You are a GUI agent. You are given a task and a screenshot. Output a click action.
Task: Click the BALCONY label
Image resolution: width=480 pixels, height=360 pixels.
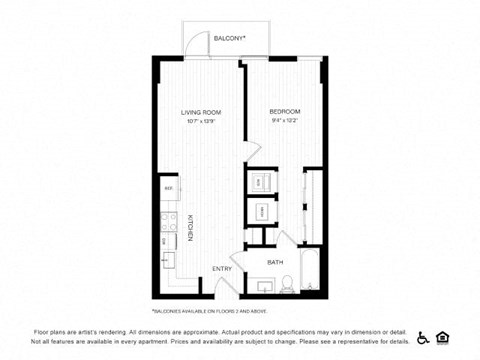point(230,39)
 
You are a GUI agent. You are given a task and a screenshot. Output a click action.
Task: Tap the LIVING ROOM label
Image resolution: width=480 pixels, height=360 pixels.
point(200,111)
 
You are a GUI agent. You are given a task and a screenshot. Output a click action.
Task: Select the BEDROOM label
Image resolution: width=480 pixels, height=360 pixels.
point(285,111)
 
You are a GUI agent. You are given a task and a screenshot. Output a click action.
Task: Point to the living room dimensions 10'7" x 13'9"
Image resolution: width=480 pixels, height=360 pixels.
point(200,121)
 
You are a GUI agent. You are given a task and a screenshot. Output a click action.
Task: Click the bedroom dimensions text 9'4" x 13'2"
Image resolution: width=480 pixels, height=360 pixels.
point(285,121)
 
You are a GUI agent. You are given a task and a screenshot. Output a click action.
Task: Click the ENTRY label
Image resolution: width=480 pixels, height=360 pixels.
point(221,268)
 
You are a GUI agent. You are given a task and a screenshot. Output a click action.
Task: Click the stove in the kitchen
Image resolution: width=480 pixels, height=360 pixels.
point(169,239)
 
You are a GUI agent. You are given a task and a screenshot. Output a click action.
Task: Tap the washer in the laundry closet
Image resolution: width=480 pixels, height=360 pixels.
point(259,182)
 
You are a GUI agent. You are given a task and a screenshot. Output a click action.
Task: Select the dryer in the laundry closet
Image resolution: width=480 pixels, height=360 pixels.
point(259,213)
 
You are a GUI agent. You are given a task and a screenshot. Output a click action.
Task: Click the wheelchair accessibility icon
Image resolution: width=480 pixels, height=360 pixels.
point(423,337)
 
